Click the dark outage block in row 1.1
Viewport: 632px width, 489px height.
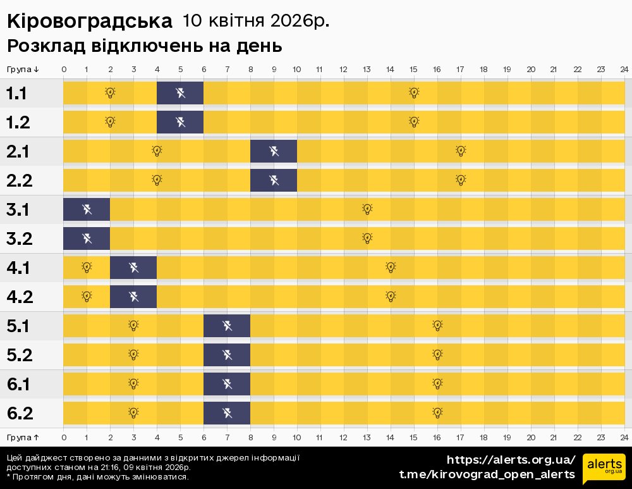tap(180, 94)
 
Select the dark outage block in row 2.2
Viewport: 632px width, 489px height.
tap(274, 180)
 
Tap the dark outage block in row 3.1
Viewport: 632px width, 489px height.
tap(87, 209)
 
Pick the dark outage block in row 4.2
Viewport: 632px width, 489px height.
tap(133, 296)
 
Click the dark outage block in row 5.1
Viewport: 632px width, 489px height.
tap(227, 326)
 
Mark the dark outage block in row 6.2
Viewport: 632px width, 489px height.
tap(227, 413)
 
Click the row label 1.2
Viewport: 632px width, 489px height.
tap(18, 122)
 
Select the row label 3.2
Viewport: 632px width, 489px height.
tap(18, 239)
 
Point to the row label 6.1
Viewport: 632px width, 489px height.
tap(18, 384)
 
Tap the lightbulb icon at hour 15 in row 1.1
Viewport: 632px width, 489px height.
tap(414, 93)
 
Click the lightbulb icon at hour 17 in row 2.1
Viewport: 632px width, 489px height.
tap(461, 151)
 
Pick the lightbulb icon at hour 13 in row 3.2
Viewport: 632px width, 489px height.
tap(367, 238)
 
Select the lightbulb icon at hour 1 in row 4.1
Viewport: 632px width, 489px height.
tap(87, 267)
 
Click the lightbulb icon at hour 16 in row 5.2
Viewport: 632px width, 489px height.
tap(437, 354)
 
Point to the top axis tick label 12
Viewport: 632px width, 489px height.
tap(343, 69)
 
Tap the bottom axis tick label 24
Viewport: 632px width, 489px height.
tap(624, 437)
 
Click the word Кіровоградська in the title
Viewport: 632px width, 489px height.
tap(89, 22)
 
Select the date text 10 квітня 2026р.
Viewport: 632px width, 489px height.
tap(256, 21)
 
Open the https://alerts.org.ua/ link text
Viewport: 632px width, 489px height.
tap(511, 460)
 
